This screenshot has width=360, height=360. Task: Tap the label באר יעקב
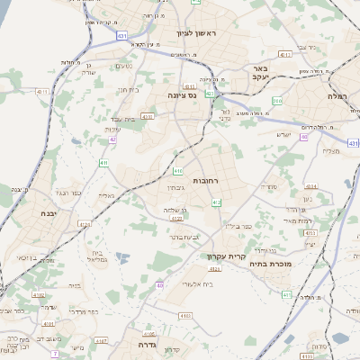(x=261, y=73)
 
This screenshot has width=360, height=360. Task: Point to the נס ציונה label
(x=183, y=94)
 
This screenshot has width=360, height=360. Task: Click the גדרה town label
(x=148, y=344)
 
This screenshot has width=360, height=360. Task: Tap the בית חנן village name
(x=128, y=90)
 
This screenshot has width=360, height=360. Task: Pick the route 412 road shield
(x=216, y=203)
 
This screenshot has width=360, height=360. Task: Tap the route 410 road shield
(x=178, y=170)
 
